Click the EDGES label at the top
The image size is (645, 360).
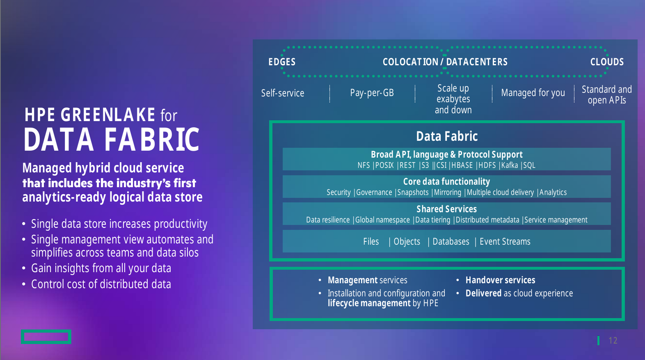coord(282,62)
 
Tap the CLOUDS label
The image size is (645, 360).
coord(607,62)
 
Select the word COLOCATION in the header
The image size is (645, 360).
coord(410,62)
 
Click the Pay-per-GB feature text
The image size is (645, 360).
coord(372,93)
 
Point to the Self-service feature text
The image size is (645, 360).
coord(282,93)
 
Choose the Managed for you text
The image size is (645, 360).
coord(533,93)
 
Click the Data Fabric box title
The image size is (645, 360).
coord(447,136)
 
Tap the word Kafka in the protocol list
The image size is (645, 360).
coord(509,165)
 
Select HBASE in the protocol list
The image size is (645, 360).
coord(462,165)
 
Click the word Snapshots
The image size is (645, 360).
coord(413,193)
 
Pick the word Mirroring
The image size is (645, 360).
coord(448,193)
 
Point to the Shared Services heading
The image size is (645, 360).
coord(446,209)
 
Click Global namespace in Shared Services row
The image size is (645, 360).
coord(382,220)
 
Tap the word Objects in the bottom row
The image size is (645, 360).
coord(407,242)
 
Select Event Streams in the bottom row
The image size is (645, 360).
coord(505,242)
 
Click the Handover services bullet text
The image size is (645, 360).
coord(501,280)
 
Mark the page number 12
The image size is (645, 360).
coord(613,341)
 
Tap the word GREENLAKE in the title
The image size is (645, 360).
coord(108,115)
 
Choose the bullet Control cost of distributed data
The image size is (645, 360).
coord(101,284)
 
